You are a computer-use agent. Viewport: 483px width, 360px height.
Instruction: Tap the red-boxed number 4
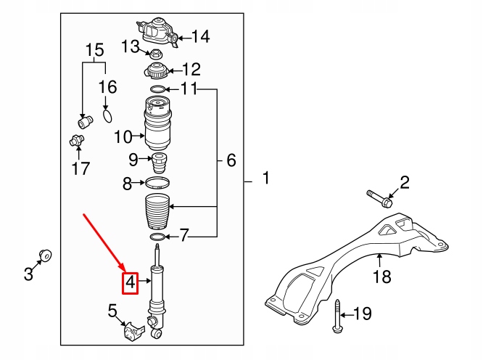pyautogui.click(x=131, y=282)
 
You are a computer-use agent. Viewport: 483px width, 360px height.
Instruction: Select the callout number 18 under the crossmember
pyautogui.click(x=381, y=276)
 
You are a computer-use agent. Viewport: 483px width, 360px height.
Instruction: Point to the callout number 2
pyautogui.click(x=405, y=182)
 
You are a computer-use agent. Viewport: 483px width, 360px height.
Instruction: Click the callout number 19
pyautogui.click(x=362, y=314)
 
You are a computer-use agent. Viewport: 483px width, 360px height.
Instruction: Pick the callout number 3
pyautogui.click(x=28, y=274)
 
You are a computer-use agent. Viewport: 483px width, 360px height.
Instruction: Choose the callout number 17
pyautogui.click(x=80, y=168)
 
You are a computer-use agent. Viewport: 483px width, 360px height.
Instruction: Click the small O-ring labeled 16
pyautogui.click(x=107, y=115)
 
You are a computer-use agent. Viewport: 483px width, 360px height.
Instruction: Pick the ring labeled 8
pyautogui.click(x=158, y=183)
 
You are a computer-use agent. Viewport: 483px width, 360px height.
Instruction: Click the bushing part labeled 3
pyautogui.click(x=45, y=255)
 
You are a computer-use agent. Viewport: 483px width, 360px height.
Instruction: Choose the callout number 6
pyautogui.click(x=231, y=160)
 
